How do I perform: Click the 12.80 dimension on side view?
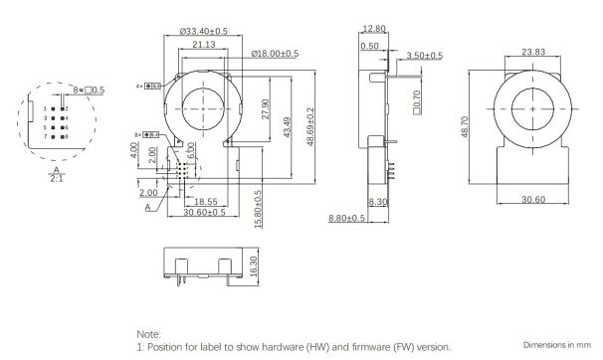click(375, 29)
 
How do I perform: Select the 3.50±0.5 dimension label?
click(425, 56)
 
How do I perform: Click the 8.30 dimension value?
click(377, 202)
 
